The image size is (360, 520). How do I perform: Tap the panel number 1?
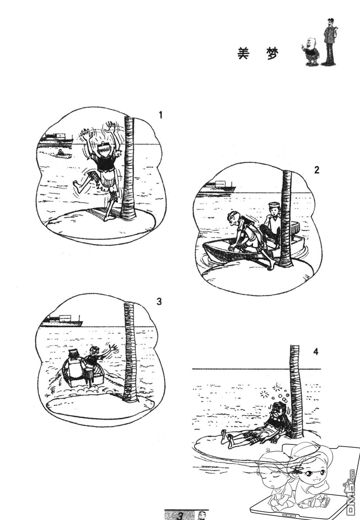(x=160, y=115)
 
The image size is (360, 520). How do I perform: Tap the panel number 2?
(x=316, y=170)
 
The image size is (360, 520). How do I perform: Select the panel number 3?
(x=159, y=302)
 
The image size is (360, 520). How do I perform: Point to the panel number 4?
(x=316, y=352)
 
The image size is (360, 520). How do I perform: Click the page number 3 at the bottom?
(x=179, y=516)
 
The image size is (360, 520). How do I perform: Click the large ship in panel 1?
(x=57, y=139)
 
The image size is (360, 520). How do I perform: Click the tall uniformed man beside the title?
(x=330, y=42)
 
